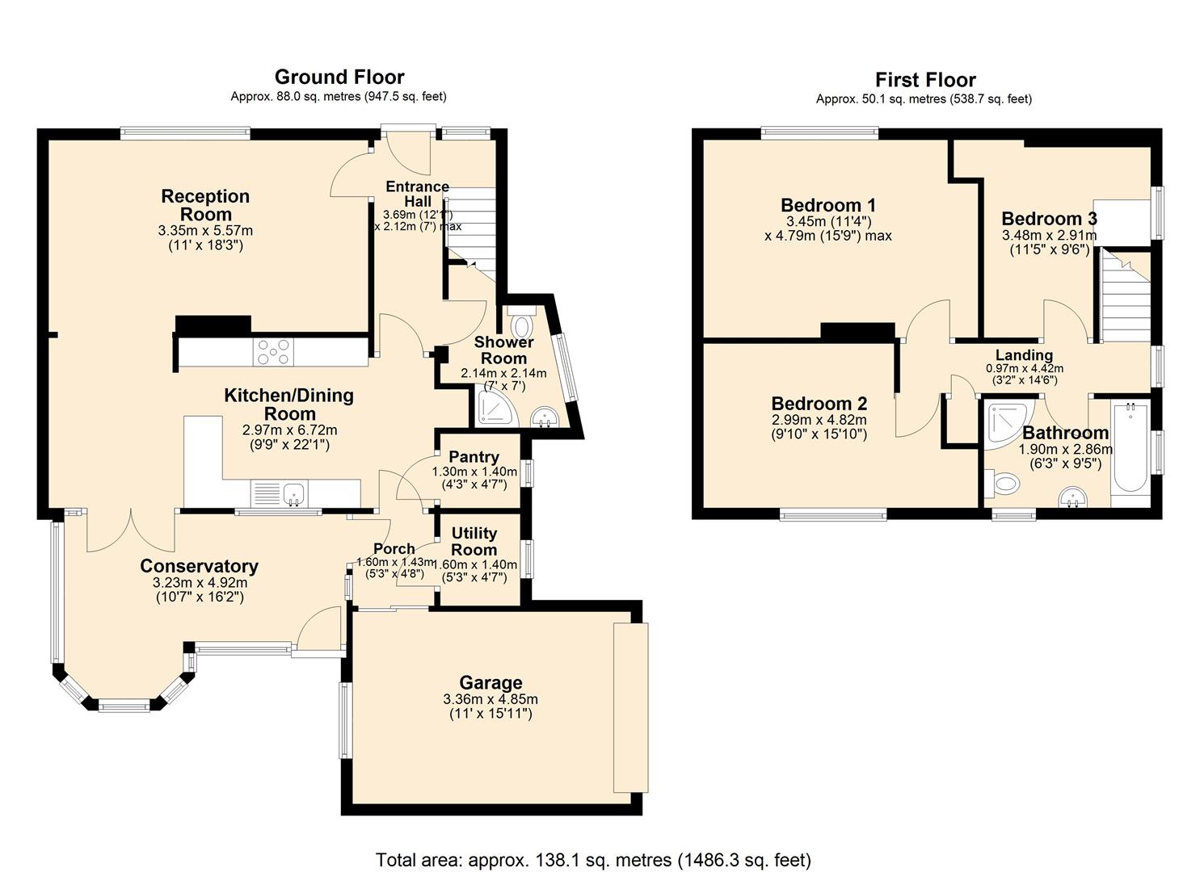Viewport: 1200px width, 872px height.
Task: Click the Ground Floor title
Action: (339, 77)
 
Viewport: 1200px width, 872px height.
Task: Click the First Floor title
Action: (924, 80)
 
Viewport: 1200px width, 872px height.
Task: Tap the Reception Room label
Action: (205, 205)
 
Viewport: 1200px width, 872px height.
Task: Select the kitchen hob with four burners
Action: (273, 352)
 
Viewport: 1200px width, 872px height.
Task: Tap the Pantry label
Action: (474, 457)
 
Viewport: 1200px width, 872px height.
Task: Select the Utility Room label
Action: (474, 541)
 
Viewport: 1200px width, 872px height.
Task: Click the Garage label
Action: (491, 683)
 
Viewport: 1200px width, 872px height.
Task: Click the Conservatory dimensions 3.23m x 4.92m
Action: (200, 582)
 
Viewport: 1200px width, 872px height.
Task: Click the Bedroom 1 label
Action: (827, 205)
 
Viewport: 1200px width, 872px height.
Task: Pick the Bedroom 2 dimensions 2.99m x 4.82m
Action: (819, 420)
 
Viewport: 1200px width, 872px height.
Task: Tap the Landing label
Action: (1024, 355)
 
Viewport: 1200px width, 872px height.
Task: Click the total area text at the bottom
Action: (593, 859)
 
